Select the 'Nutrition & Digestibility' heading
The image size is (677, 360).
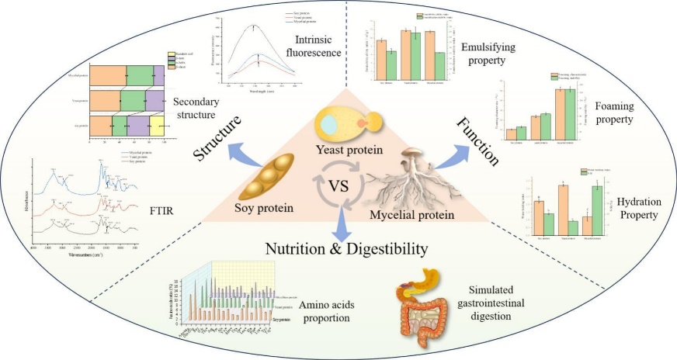pos(346,248)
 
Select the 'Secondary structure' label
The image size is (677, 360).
pos(194,109)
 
